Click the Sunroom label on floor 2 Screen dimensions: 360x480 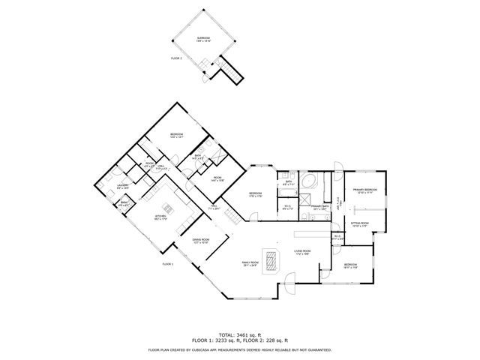click(203, 38)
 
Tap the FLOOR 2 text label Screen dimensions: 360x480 click(176, 58)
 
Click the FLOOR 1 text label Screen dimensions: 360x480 click(168, 264)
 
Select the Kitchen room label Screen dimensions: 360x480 click(160, 217)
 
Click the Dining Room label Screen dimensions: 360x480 click(200, 241)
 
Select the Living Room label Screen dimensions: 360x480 click(302, 252)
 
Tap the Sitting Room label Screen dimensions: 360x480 click(360, 224)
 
